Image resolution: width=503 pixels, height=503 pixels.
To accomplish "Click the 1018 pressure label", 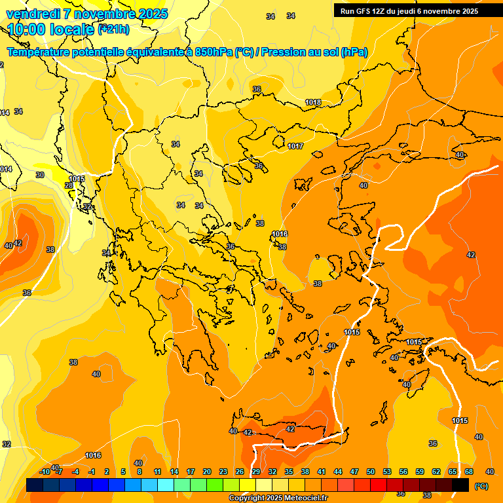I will tap(313, 102).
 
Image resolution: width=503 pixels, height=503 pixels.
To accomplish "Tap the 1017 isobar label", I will tap(295, 146).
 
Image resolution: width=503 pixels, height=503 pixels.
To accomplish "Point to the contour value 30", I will tap(40, 175).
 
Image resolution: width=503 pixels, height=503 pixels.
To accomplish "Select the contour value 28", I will tap(69, 186).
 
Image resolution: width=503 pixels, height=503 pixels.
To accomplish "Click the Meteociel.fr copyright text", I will tap(278, 498).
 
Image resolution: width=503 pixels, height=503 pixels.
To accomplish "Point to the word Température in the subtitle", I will tap(41, 52).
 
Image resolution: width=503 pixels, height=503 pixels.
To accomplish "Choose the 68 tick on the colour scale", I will tap(469, 472).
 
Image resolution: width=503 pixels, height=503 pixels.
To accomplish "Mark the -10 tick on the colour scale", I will tap(45, 472).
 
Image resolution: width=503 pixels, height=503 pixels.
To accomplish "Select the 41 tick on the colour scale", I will tap(322, 472).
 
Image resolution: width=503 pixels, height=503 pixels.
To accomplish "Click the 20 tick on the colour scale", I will tap(207, 472).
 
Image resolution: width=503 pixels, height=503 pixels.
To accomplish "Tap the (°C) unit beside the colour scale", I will tap(481, 485).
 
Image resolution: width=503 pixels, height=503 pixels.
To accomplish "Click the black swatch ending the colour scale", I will tap(460, 485).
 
